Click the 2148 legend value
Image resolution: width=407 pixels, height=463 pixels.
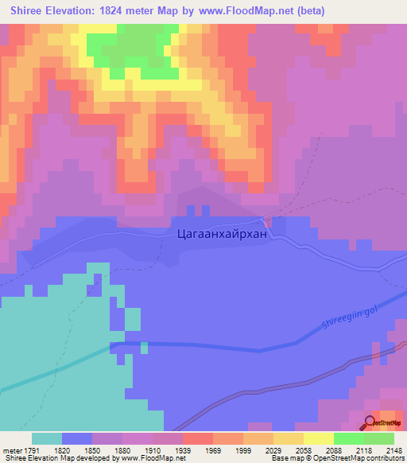pyautogui.click(x=394, y=449)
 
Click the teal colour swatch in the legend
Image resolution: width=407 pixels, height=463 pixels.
pyautogui.click(x=47, y=438)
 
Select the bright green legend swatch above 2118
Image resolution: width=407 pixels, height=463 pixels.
pyautogui.click(x=348, y=438)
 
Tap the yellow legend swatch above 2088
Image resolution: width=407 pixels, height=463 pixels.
pyautogui.click(x=318, y=438)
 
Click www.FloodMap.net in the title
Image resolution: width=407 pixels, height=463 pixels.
pyautogui.click(x=246, y=10)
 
